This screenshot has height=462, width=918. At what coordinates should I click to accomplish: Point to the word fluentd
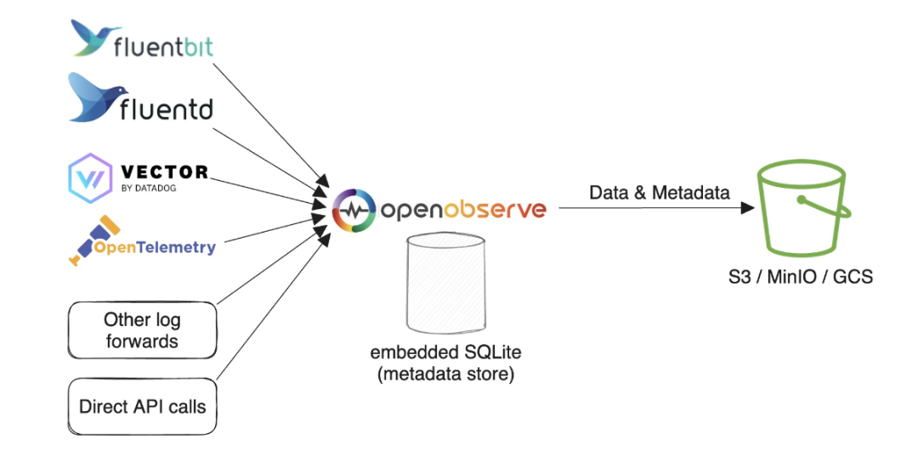pos(167,110)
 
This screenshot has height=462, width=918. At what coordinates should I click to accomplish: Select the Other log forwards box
pos(142,331)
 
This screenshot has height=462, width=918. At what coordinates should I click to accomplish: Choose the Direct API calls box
pos(142,406)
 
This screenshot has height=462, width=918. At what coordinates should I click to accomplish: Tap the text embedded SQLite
pos(445,352)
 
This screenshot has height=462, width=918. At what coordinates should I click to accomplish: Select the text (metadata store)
pos(445,374)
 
